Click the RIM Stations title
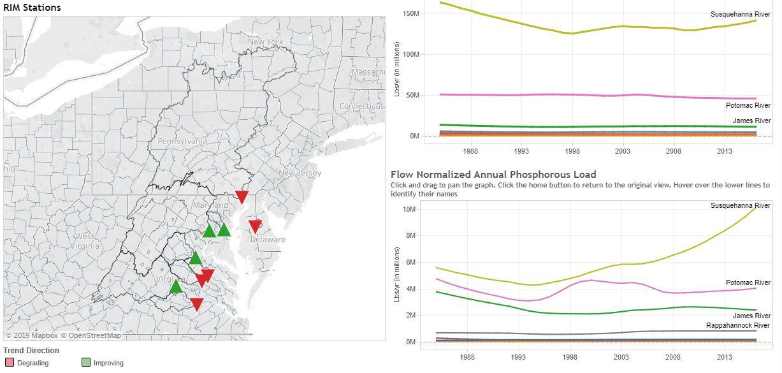point(32,8)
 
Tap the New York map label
point(265,42)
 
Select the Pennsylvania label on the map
point(182,141)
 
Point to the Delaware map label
point(268,240)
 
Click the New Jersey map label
point(300,173)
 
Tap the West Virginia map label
point(84,241)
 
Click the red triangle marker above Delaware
point(255,226)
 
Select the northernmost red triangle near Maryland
point(242,196)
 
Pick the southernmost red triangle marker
point(197,304)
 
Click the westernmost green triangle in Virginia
point(176,287)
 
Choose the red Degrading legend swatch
point(9,363)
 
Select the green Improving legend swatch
point(86,363)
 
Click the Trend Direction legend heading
point(31,351)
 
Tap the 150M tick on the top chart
point(411,13)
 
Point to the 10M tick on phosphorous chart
point(409,209)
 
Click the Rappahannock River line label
point(738,325)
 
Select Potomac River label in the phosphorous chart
point(748,282)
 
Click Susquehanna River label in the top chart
point(740,14)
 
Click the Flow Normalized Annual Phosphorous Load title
point(493,174)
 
